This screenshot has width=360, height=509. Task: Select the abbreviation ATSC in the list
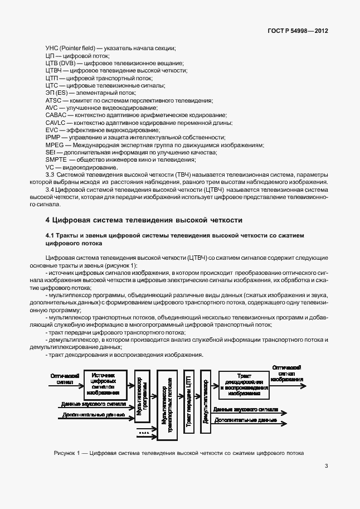click(52, 100)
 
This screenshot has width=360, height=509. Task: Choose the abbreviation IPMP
click(52, 137)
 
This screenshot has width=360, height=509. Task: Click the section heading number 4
click(47, 219)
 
